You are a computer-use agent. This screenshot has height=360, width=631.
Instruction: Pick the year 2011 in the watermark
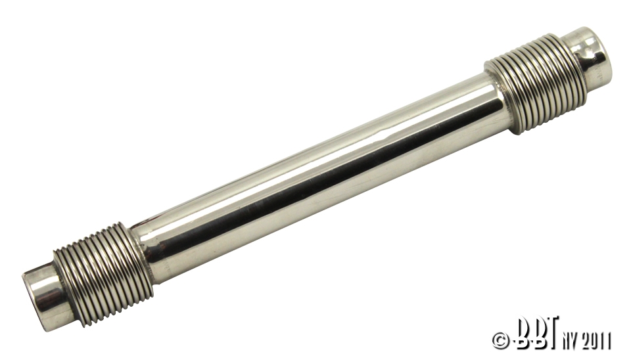[594, 340]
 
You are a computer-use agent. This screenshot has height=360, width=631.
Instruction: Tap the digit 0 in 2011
[591, 340]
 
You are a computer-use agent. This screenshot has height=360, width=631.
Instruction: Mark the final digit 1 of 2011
[608, 340]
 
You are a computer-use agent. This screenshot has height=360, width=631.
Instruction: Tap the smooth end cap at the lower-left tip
[42, 296]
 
